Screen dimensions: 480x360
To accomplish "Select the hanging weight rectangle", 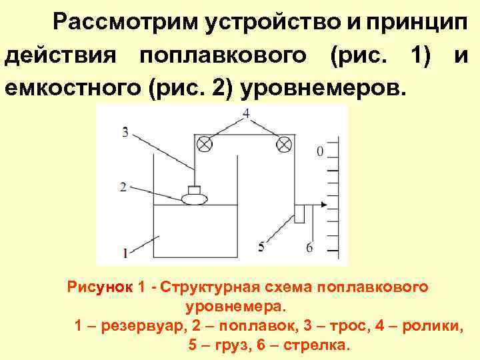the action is tap(299, 214).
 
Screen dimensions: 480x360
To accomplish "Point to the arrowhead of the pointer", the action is tap(324, 205).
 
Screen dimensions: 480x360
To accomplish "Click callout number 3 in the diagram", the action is tap(125, 131).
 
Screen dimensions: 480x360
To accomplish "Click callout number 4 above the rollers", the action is tap(247, 113).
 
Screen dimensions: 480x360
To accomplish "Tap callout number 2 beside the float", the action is tap(123, 187).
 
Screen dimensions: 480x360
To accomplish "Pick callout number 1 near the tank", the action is tap(125, 251).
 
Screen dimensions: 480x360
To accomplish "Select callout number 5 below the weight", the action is tap(261, 247).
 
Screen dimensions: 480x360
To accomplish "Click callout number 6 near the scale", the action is tap(309, 247).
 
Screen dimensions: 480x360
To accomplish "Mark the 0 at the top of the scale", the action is tap(320, 151).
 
